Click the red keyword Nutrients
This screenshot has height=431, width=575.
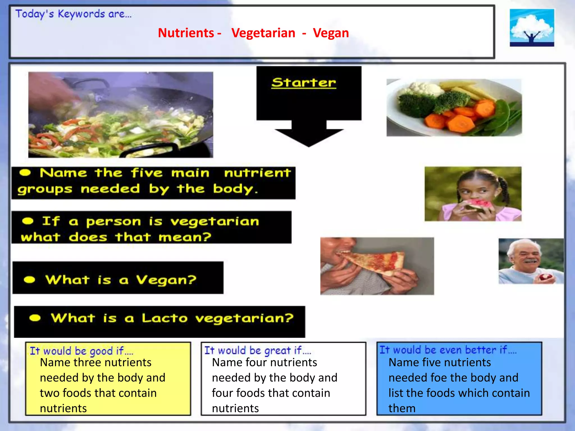pos(186,33)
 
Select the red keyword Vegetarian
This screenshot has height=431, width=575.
pos(263,33)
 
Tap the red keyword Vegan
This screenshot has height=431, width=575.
pos(331,33)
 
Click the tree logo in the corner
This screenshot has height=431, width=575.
pos(532,27)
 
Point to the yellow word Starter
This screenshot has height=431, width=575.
pos(304,82)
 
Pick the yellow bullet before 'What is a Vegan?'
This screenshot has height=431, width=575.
pos(29,280)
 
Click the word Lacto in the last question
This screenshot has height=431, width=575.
pos(165,318)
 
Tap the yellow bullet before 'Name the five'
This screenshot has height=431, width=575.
pos(25,173)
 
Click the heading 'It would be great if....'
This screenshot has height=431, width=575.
pos(257,350)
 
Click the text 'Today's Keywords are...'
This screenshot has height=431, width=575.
pos(73,14)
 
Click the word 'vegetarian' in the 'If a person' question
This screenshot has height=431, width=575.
pos(215,222)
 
